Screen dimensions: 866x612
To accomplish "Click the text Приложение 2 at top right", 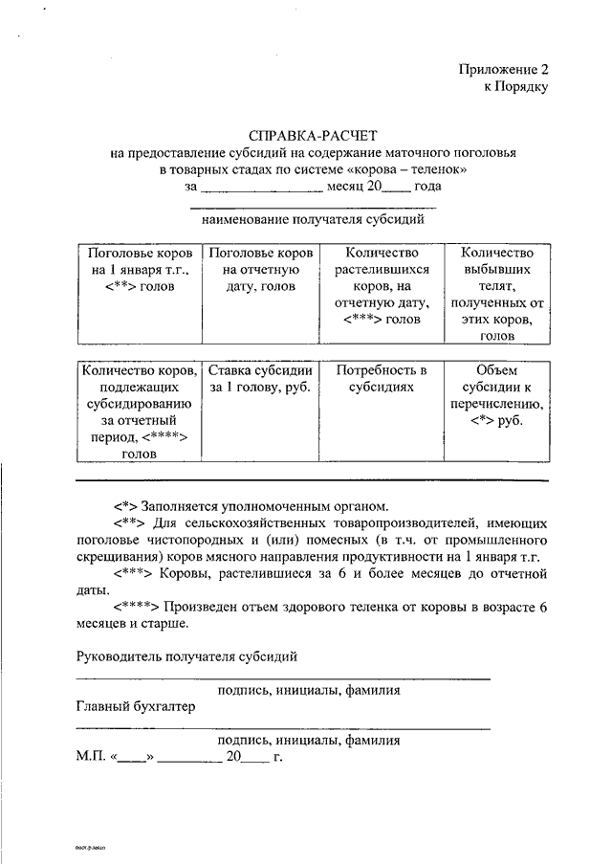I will tap(504, 69).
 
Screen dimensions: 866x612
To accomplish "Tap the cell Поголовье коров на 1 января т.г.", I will tap(139, 269).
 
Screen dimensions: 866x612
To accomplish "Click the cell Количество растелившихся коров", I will tap(382, 285).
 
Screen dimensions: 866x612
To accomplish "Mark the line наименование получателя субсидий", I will tap(313, 219).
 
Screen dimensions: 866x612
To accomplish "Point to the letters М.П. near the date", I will tap(92, 756).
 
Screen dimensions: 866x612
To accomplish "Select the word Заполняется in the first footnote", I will tap(182, 505).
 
